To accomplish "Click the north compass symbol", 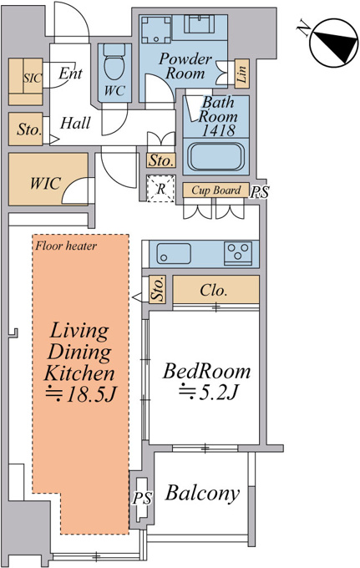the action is (x=333, y=43).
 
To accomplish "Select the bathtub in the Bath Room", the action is (x=215, y=157).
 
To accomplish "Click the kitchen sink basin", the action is (x=174, y=254).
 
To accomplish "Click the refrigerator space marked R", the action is (x=161, y=189).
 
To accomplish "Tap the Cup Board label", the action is (x=216, y=190).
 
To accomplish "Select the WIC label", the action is (x=45, y=183).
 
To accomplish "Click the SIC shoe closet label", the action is (x=33, y=79).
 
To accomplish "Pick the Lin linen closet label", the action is (x=242, y=74).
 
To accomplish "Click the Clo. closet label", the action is (x=214, y=290).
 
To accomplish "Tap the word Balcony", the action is (x=202, y=494).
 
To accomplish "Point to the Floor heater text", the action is (x=66, y=246).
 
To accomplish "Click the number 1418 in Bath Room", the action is (x=218, y=130).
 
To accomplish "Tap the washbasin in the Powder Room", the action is (x=198, y=24).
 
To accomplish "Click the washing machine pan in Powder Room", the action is (x=156, y=30).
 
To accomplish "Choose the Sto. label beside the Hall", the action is (x=29, y=129).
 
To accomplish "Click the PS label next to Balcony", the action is (x=142, y=499).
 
